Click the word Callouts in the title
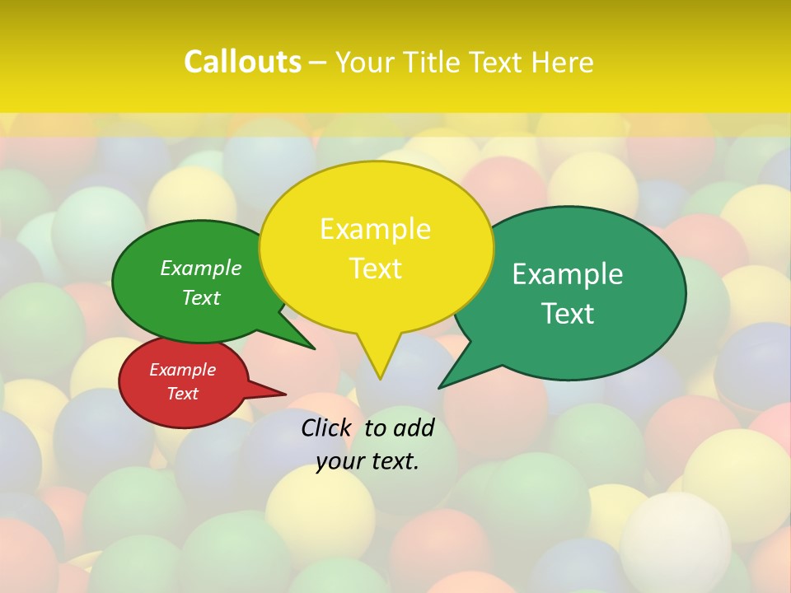point(242,62)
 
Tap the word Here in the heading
point(563,62)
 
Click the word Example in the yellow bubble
point(375,229)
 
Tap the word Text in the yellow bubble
point(375,268)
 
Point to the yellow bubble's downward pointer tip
point(380,378)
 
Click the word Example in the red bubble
point(182,370)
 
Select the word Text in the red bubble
point(182,394)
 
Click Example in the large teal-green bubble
point(568,274)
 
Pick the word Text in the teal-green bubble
point(568,314)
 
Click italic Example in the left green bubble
point(201,268)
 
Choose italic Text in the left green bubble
point(201,297)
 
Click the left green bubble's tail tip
point(313,348)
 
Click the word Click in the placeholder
point(328,427)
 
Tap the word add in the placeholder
point(413,427)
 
